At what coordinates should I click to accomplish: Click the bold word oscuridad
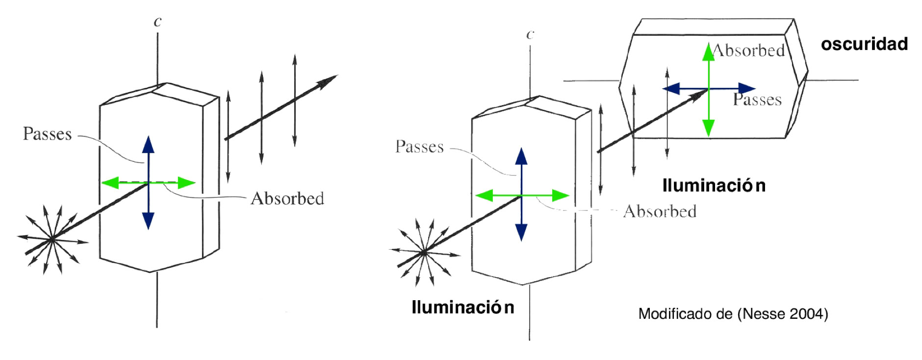tap(864, 44)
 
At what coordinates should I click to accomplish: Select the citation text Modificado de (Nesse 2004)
tap(733, 314)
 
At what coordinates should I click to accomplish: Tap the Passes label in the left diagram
tap(47, 134)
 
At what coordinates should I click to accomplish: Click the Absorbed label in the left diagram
tap(287, 199)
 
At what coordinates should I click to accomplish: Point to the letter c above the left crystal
tap(157, 22)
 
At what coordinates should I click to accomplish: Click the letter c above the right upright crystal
tap(529, 34)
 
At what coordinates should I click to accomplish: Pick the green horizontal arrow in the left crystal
tap(118, 183)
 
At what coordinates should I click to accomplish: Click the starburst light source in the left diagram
tap(52, 240)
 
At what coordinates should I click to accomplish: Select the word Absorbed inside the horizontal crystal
tap(749, 50)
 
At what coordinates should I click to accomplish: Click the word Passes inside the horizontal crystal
tap(757, 100)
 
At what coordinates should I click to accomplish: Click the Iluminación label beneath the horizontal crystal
tap(714, 185)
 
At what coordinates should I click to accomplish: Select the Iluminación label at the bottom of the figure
tap(462, 308)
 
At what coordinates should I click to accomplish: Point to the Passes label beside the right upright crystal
tap(419, 147)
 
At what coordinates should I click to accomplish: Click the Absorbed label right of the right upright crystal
tap(660, 211)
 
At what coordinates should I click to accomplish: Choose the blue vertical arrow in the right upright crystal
tap(521, 216)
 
